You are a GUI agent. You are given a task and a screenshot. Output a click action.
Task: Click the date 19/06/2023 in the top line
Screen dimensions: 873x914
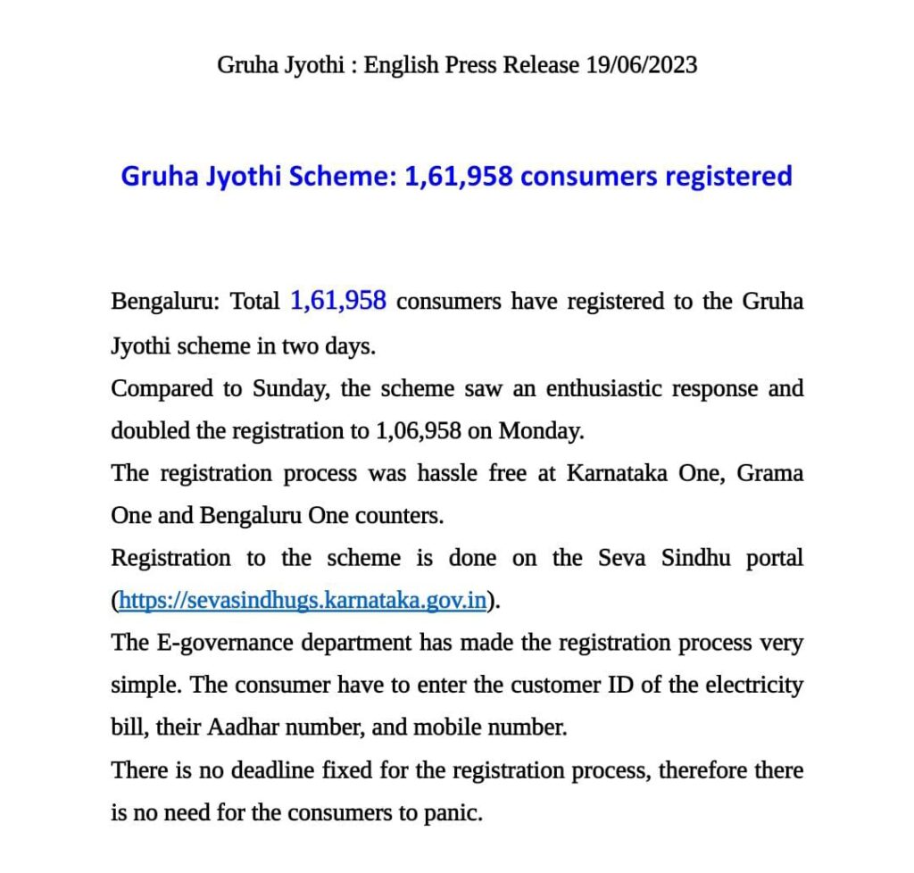642,65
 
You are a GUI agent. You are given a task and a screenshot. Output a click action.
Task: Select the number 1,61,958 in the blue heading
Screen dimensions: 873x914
459,176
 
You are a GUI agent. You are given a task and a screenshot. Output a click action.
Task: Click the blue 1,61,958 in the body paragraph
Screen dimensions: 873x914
338,302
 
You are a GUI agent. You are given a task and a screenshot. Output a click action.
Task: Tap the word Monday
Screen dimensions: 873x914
539,431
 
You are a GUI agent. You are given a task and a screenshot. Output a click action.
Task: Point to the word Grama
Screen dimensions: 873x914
770,473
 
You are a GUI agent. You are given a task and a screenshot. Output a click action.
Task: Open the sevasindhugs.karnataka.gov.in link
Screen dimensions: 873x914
303,601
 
